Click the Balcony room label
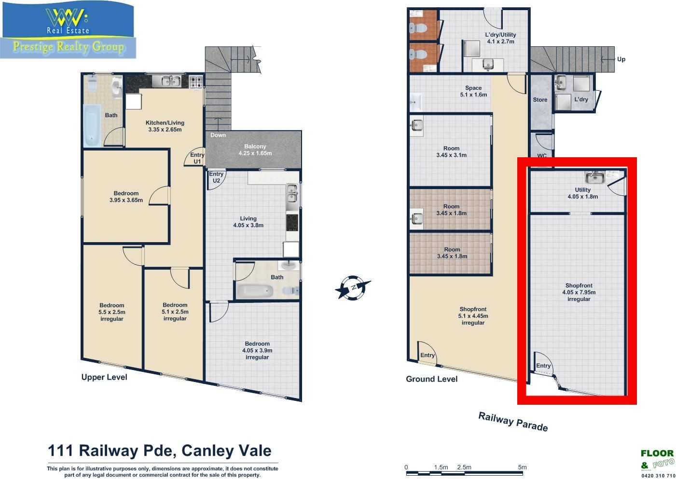tap(255, 150)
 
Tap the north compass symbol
tap(353, 287)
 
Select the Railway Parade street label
tap(513, 422)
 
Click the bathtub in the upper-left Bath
tap(92, 125)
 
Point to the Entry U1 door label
tap(197, 158)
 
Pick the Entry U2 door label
tap(216, 177)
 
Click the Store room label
tap(540, 99)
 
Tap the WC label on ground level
tap(542, 156)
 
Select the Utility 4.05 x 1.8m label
tap(582, 193)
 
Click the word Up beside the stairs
tap(621, 59)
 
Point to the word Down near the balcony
tap(218, 135)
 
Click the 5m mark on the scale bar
tap(523, 467)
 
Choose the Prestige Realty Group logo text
tap(69, 47)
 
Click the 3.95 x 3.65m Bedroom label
tap(126, 196)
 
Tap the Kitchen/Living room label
tap(165, 126)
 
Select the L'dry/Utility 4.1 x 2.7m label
tap(500, 38)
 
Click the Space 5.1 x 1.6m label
tap(473, 91)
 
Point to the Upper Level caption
tap(104, 377)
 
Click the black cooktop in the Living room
tap(292, 222)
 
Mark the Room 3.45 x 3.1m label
tap(451, 152)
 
